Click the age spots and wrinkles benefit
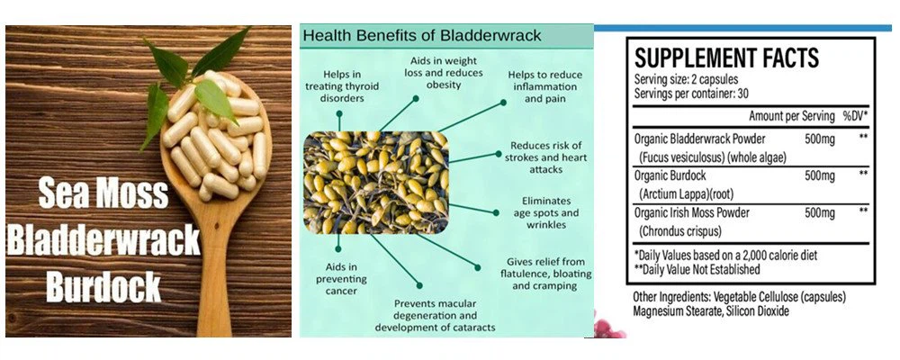click(551, 214)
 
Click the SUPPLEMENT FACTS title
click(726, 58)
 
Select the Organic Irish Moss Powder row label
click(692, 212)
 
